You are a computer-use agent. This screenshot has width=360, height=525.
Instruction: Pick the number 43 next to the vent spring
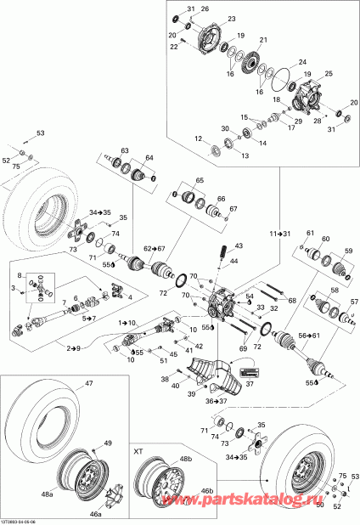tap(239, 246)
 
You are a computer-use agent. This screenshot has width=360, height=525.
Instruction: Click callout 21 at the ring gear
tap(263, 40)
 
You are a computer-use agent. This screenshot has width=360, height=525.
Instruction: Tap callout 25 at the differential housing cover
tap(329, 74)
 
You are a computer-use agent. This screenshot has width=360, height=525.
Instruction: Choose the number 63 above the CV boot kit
tap(124, 150)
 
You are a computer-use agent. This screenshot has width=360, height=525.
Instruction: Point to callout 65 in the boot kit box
tap(200, 181)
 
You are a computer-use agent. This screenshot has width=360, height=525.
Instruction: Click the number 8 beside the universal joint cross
tap(18, 275)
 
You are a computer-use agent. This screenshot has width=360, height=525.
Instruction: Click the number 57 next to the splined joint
tap(355, 302)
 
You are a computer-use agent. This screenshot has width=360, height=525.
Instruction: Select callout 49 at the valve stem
tap(107, 443)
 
